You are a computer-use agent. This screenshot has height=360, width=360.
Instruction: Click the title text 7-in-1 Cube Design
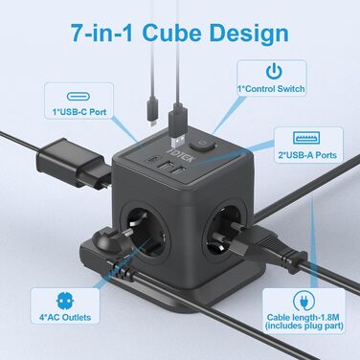coord(179,34)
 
